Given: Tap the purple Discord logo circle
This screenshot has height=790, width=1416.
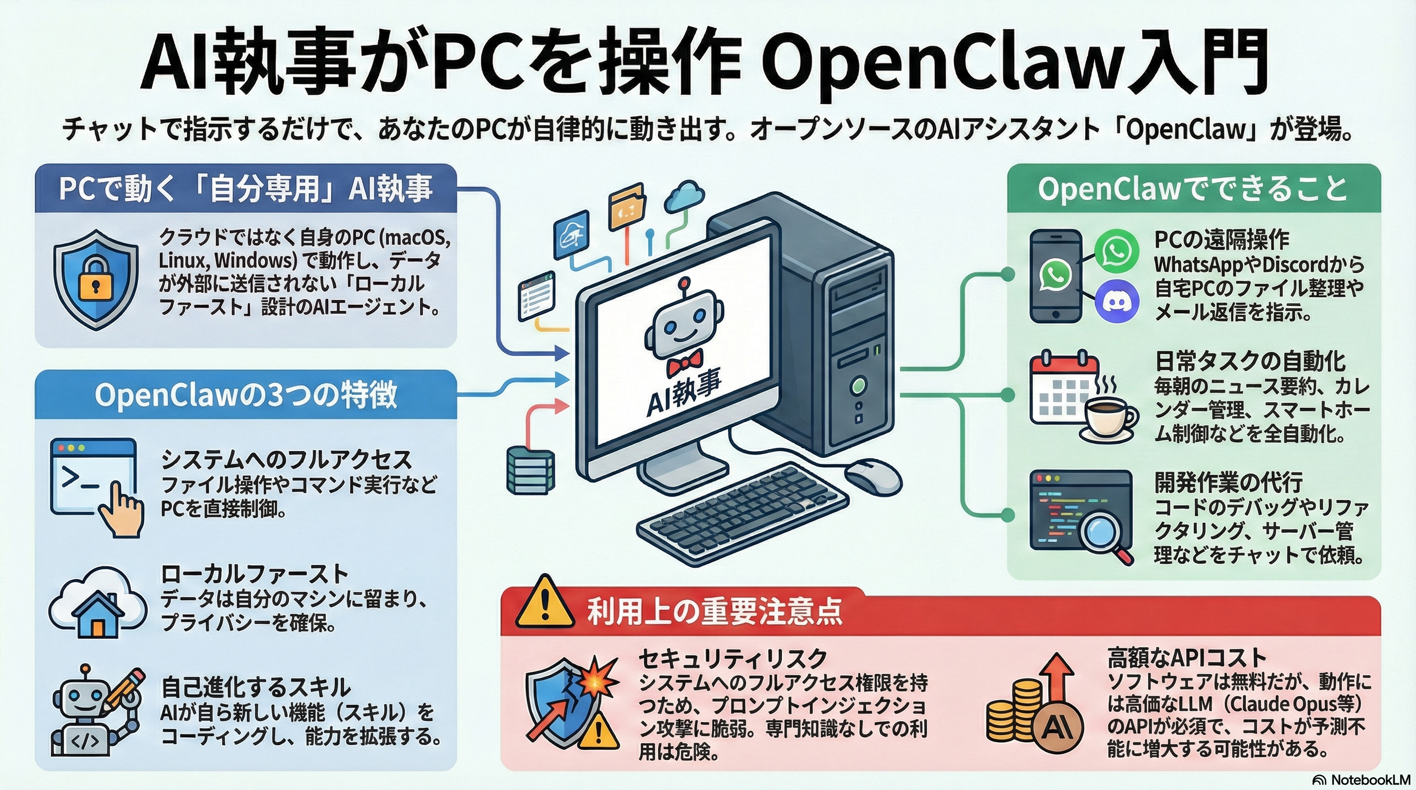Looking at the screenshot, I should tap(1116, 300).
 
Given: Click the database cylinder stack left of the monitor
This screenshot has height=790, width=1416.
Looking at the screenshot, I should tap(530, 470).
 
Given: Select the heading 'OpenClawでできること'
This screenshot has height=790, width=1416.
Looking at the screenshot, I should tap(1193, 189).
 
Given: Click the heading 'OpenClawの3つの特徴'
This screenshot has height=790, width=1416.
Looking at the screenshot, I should tap(246, 394).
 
